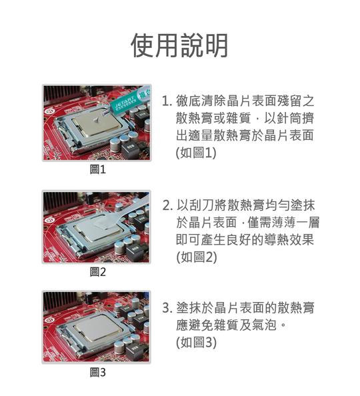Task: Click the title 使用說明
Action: tap(180, 45)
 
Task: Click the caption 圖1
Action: tap(98, 170)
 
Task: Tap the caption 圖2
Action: tap(98, 272)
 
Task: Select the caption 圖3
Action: tap(98, 373)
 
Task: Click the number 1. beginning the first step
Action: tap(167, 101)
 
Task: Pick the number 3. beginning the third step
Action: tap(167, 309)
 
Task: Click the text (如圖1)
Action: tap(196, 153)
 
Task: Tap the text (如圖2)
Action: tap(196, 257)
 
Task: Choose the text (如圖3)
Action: tap(196, 343)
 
